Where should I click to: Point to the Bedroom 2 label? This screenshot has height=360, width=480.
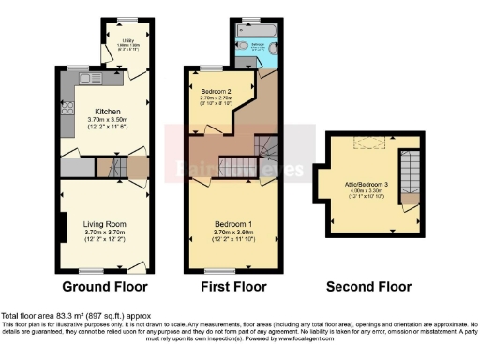pyautogui.click(x=217, y=90)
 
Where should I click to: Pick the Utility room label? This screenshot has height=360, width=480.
pyautogui.click(x=128, y=38)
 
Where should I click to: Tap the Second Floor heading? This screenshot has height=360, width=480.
pyautogui.click(x=367, y=286)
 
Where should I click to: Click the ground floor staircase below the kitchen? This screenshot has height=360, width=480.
pyautogui.click(x=110, y=169)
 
